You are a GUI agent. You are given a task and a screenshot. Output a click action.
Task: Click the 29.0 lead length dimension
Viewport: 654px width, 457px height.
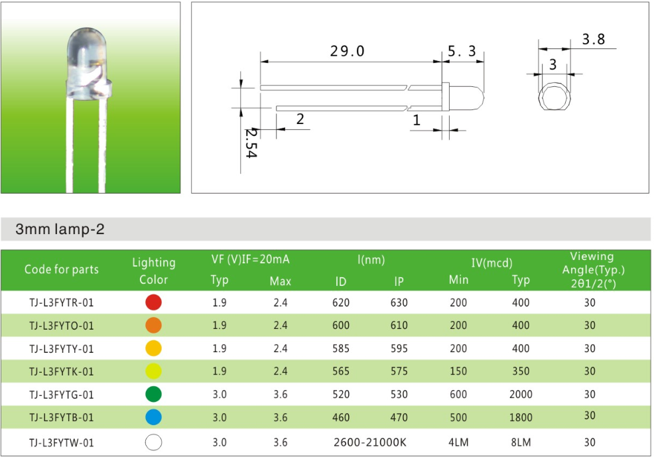click(x=347, y=51)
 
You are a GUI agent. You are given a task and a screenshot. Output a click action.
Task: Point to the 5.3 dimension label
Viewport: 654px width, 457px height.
click(x=462, y=51)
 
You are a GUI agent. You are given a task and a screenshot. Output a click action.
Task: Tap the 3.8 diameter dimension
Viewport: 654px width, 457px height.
click(x=594, y=39)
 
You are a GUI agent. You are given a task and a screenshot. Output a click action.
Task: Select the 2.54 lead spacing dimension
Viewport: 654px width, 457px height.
click(x=251, y=143)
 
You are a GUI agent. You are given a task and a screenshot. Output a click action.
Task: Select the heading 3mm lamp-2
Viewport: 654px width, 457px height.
click(x=60, y=229)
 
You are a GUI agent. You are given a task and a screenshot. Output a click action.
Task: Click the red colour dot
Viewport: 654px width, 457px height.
click(x=153, y=302)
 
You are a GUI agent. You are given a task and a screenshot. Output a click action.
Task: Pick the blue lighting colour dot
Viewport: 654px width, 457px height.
click(x=153, y=417)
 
